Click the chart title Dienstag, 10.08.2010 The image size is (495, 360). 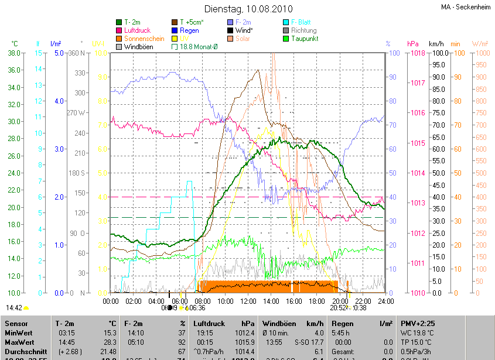pyautogui.click(x=248, y=9)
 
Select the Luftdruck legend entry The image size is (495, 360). pyautogui.click(x=138, y=30)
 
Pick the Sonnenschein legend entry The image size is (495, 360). pyautogui.click(x=144, y=39)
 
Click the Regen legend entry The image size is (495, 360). pyautogui.click(x=189, y=30)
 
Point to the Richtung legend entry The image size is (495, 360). pyautogui.click(x=303, y=30)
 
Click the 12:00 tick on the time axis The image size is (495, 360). pyautogui.click(x=248, y=301)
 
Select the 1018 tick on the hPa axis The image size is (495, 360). pyautogui.click(x=418, y=53)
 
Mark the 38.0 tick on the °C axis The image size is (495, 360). pyautogui.click(x=14, y=53)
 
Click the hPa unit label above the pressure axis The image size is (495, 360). pyautogui.click(x=413, y=44)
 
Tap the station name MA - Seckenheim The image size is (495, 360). pyautogui.click(x=466, y=7)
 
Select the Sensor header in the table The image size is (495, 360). pyautogui.click(x=16, y=323)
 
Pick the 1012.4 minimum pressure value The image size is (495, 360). pyautogui.click(x=244, y=332)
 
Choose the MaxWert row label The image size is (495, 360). pyautogui.click(x=20, y=342)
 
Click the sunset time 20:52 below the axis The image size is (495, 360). pyautogui.click(x=338, y=307)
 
